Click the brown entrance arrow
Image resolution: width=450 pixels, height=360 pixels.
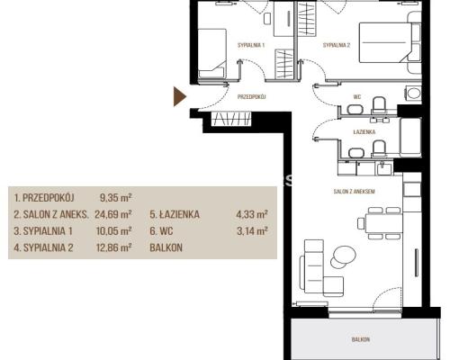pos(179,96)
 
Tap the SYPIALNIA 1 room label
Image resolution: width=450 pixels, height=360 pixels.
pos(251,46)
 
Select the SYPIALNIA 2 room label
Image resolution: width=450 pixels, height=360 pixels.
pos(337,46)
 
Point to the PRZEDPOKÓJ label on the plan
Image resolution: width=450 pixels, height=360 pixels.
pos(252,97)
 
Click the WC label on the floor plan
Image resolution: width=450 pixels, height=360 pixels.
pos(357,97)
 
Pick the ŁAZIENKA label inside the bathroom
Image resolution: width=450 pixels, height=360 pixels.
pos(364,131)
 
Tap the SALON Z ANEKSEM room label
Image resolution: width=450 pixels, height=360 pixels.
pos(354,192)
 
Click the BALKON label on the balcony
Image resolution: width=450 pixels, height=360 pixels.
pos(361,339)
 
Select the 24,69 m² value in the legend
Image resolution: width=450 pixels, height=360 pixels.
pos(113,214)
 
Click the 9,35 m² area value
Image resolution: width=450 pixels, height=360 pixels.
pos(116,198)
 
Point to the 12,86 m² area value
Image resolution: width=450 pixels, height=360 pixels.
pos(114,247)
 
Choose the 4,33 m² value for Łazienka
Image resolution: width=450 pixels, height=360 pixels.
pos(252,214)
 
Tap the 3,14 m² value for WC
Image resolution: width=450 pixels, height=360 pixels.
pos(252,231)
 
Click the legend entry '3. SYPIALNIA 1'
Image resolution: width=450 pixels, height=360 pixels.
pos(43,231)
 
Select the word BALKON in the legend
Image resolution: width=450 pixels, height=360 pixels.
pos(166,247)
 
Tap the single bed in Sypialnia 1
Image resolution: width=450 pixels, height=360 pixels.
pos(211,53)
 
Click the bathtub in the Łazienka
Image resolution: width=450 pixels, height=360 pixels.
pos(410,137)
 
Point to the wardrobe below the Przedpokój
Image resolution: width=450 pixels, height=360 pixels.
pos(231,119)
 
